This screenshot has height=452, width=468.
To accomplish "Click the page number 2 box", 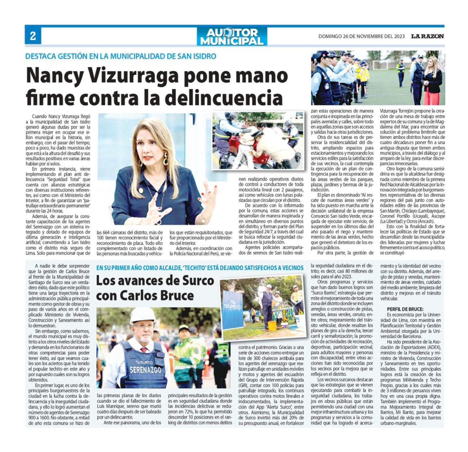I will pyautogui.click(x=33, y=37).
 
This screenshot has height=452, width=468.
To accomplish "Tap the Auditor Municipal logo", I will pyautogui.click(x=232, y=37).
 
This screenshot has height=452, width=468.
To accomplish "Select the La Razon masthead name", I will pyautogui.click(x=427, y=37).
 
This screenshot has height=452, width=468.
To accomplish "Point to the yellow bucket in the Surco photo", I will pyautogui.click(x=272, y=326).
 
